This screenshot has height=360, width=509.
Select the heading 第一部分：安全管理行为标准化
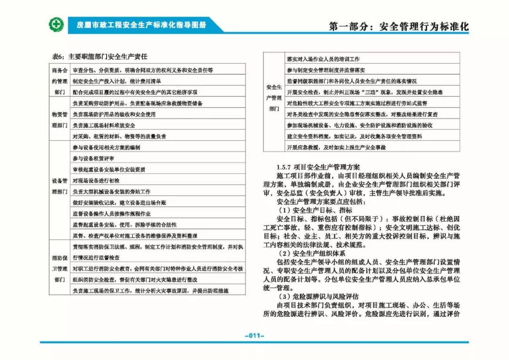pyautogui.click(x=399, y=26)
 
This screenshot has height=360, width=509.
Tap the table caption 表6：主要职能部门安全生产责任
pyautogui.click(x=99, y=57)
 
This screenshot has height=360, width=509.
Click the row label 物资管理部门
pyautogui.click(x=59, y=120)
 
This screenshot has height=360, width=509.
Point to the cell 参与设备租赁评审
pyautogui.click(x=93, y=158)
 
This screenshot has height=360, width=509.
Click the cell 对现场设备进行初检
pyautogui.click(x=96, y=180)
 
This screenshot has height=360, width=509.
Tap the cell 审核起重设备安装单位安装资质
pyautogui.click(x=109, y=170)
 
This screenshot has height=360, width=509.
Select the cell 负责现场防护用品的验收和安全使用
pyautogui.click(x=114, y=114)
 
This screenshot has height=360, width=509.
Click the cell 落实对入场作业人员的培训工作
pyautogui.click(x=323, y=59)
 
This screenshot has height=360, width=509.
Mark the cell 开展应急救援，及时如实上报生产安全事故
pyautogui.click(x=336, y=147)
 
